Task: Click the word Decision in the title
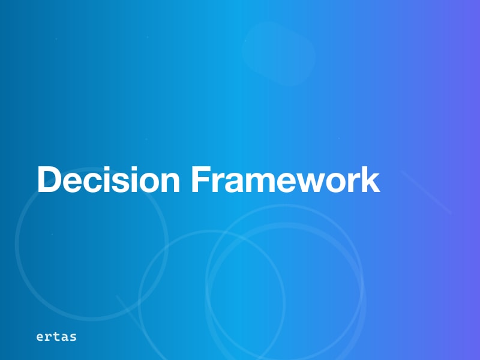tap(109, 179)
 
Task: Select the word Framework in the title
tap(286, 179)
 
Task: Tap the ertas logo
tap(56, 337)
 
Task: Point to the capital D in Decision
tap(50, 179)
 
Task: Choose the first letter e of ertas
tap(40, 337)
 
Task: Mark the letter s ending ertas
tap(73, 337)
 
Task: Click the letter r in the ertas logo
tap(49, 337)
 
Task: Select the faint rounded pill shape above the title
tap(279, 53)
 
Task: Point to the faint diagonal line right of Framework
tap(426, 192)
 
